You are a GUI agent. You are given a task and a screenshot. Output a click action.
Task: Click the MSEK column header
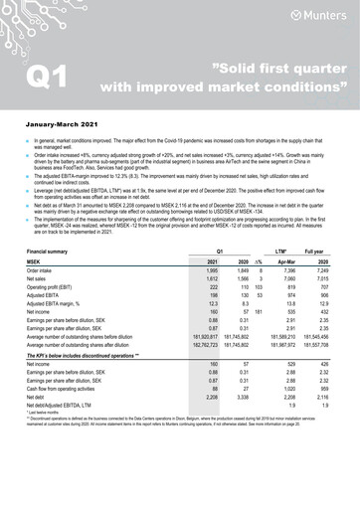click(x=37, y=260)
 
